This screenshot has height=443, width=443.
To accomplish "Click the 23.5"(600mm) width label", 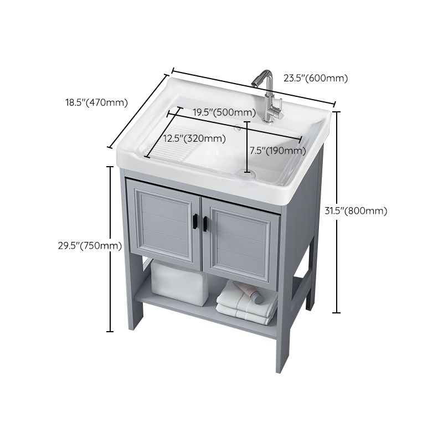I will coord(316,78).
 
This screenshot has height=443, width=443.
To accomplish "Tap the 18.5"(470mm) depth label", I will coord(96,102).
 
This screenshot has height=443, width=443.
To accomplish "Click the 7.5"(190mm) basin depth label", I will coord(277,150).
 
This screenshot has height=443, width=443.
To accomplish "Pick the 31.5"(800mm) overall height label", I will coord(363,210).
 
